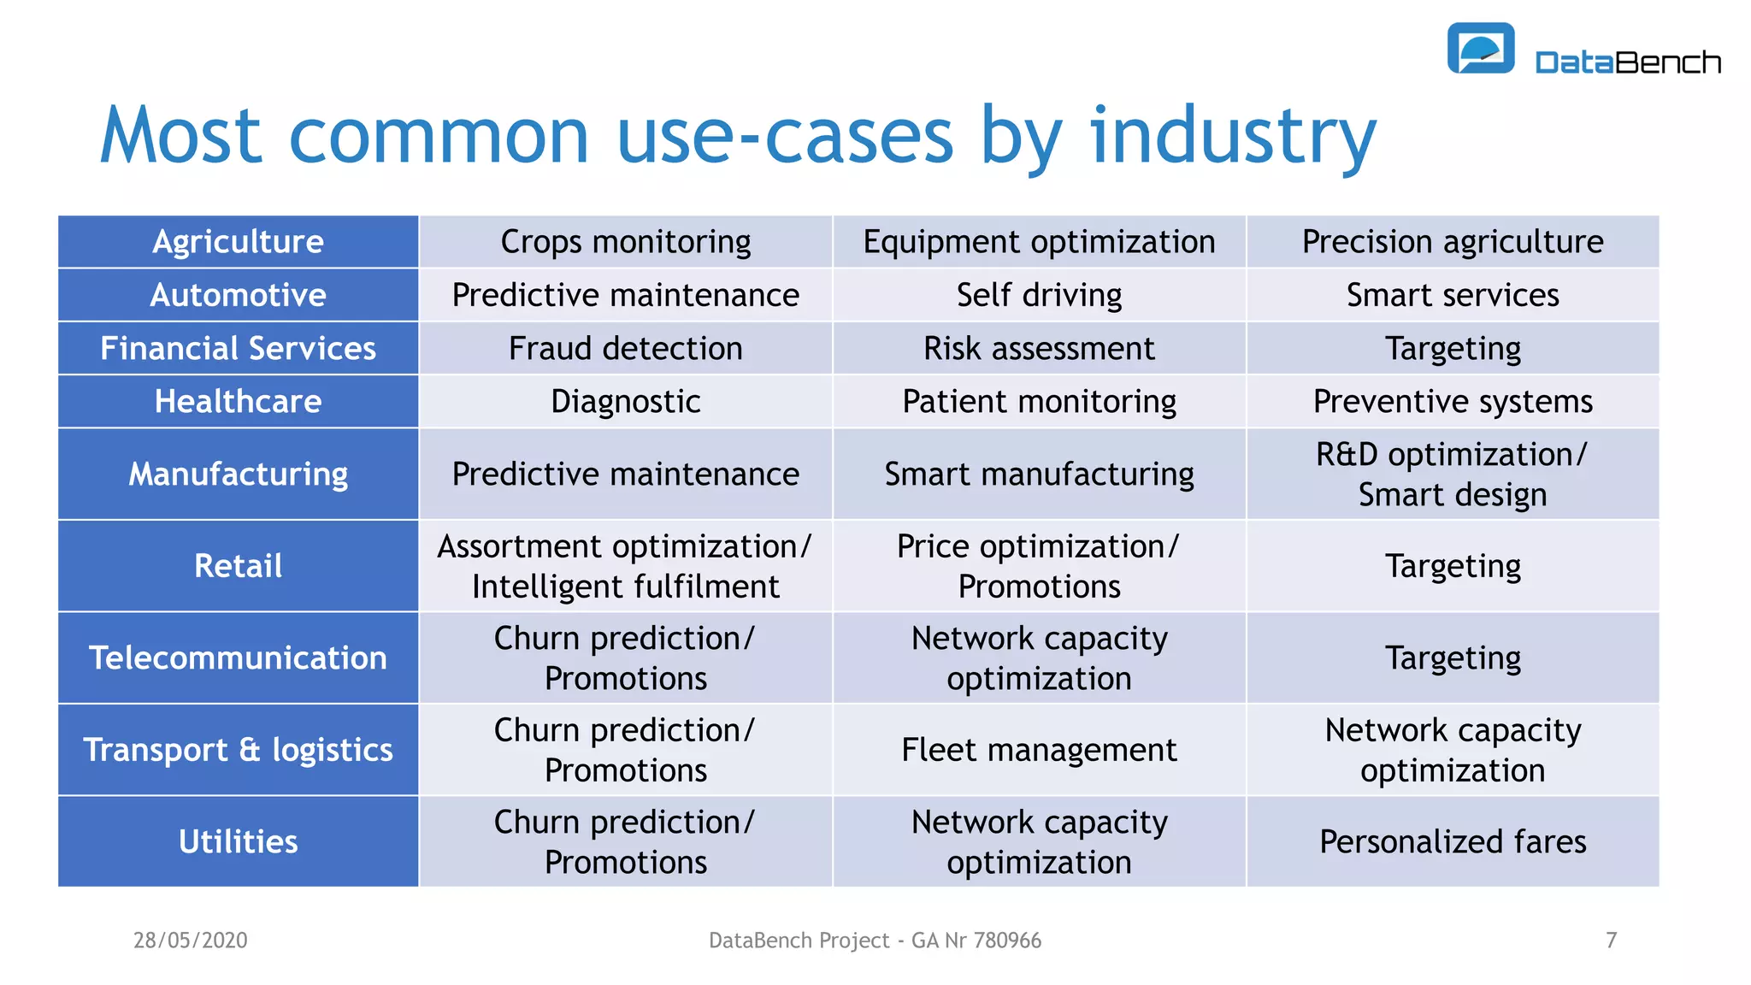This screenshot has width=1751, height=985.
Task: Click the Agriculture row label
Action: (x=238, y=242)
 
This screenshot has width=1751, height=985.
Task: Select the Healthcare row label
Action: (x=238, y=402)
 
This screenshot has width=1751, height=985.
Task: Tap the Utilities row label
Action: (x=238, y=842)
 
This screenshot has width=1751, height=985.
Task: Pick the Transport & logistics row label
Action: (x=238, y=750)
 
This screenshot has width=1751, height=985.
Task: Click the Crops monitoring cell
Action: (x=625, y=242)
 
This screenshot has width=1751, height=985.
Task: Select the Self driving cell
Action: (x=1039, y=295)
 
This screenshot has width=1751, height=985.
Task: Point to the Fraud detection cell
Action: (x=625, y=349)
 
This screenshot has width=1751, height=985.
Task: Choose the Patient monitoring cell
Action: (x=1039, y=402)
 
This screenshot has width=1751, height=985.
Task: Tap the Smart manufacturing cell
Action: (x=1039, y=475)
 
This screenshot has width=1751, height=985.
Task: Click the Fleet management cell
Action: (x=1039, y=750)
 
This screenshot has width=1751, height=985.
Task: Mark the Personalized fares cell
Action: (x=1453, y=842)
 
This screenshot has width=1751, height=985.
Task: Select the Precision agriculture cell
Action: (x=1453, y=242)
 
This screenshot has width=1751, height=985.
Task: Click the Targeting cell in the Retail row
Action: (x=1453, y=566)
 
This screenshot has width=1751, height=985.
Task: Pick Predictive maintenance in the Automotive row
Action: (x=625, y=295)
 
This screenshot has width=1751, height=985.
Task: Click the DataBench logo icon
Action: (x=1481, y=49)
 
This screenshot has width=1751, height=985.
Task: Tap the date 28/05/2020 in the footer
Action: (x=190, y=941)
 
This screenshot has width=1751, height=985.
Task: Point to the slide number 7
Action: (x=1611, y=941)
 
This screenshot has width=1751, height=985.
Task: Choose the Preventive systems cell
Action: (x=1453, y=402)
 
